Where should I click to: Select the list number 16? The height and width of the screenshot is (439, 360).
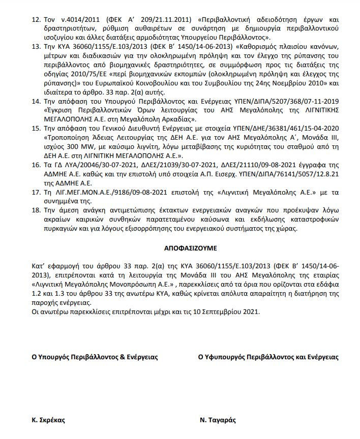(36, 166)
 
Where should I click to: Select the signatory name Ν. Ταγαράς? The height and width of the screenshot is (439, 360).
(218, 421)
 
